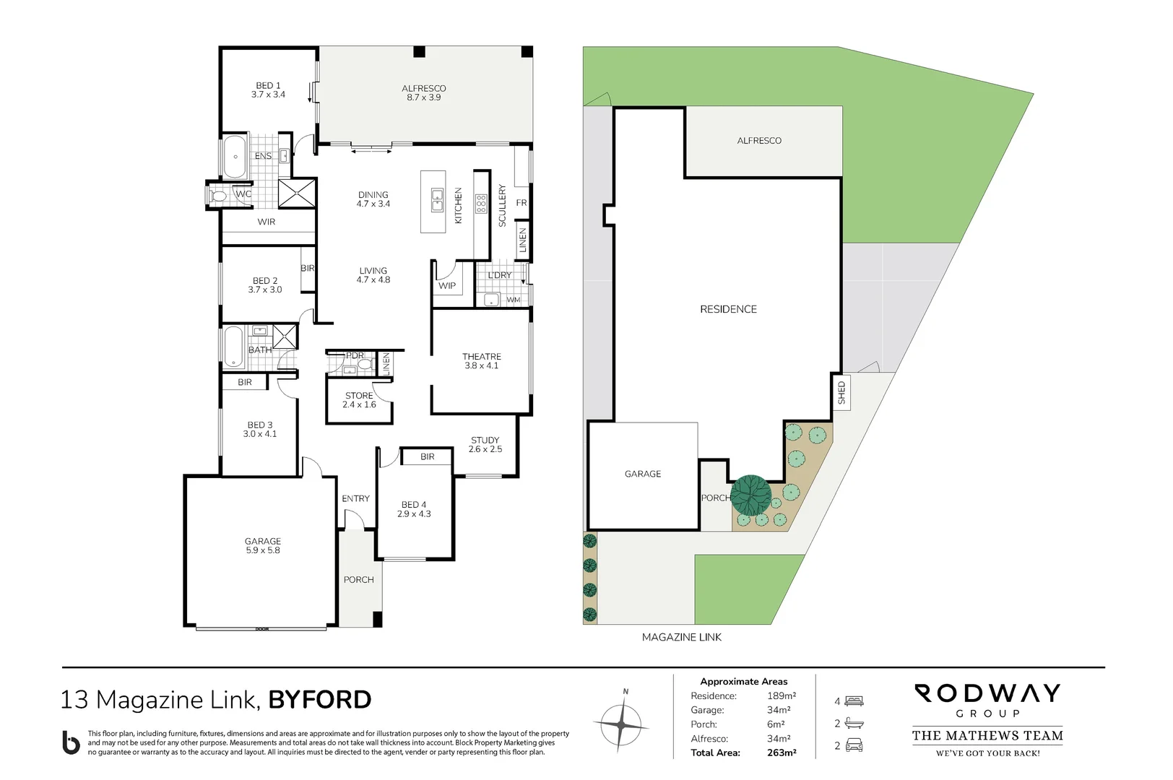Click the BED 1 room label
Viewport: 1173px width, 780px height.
[x=268, y=90]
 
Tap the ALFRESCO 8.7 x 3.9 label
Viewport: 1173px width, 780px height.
[x=424, y=93]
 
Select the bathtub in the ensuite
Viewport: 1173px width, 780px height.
[x=235, y=157]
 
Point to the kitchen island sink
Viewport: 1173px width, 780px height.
[x=437, y=200]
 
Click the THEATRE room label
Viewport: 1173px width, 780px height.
[x=482, y=361]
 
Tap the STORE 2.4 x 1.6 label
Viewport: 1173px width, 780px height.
[x=359, y=400]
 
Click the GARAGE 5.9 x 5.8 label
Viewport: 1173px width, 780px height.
[x=262, y=545]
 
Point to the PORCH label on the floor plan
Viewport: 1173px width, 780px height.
[x=359, y=580]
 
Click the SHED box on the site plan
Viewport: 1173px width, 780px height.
[x=841, y=392]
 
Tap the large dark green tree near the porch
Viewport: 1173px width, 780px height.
[x=751, y=495]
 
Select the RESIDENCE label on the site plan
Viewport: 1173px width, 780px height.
[x=728, y=309]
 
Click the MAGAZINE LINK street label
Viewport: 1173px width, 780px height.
[x=682, y=637]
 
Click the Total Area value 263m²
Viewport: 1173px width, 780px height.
[x=782, y=753]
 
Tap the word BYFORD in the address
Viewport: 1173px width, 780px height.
[x=320, y=700]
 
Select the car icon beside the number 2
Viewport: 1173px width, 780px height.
[x=854, y=745]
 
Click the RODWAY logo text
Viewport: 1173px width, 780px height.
[x=987, y=694]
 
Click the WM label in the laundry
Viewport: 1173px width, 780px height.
[x=514, y=300]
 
